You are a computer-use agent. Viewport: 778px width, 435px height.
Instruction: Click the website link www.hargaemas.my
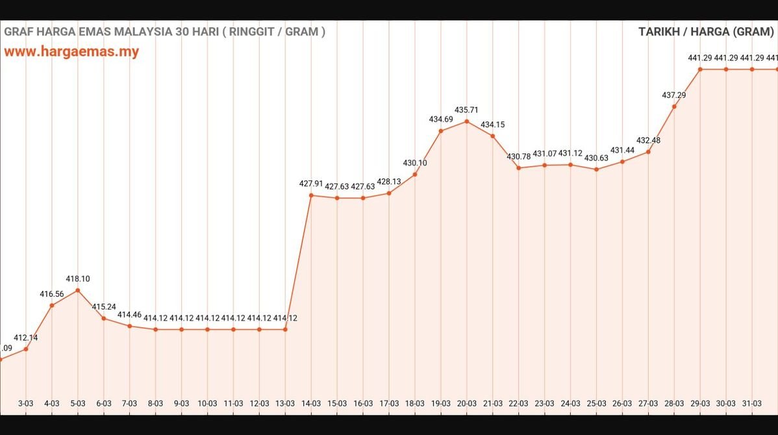(71, 52)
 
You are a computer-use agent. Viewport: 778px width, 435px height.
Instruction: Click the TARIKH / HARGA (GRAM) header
(706, 31)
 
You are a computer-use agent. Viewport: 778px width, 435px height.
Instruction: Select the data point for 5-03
(77, 290)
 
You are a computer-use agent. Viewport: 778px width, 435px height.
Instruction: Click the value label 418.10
(77, 279)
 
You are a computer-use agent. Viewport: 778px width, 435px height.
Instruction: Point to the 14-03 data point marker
(311, 195)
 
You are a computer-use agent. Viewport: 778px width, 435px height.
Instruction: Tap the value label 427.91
(311, 184)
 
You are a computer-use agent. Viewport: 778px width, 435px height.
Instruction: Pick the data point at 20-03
(466, 121)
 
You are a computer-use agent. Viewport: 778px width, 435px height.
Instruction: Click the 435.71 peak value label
(466, 110)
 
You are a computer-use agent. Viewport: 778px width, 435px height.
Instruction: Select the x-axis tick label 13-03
(285, 403)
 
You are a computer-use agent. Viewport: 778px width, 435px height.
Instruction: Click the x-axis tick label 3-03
(25, 403)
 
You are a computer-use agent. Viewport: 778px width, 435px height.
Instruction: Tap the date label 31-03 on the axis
(752, 403)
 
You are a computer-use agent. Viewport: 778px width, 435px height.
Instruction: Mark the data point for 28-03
(674, 106)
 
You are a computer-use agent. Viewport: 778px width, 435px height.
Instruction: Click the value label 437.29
(674, 95)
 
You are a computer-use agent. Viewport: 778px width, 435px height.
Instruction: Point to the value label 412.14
(25, 338)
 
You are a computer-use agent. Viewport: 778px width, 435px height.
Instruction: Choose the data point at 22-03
(518, 168)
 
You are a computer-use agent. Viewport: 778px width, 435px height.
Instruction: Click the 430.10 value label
(415, 163)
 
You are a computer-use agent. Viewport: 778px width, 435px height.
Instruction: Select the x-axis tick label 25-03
(596, 403)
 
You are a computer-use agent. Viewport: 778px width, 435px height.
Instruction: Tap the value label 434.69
(441, 119)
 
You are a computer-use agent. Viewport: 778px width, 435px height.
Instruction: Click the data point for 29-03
(700, 69)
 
